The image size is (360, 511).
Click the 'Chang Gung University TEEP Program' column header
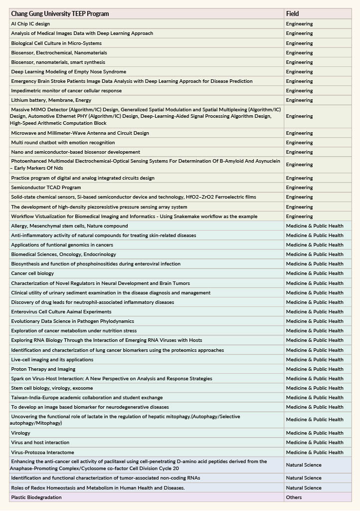60,13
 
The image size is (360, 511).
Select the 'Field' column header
293,13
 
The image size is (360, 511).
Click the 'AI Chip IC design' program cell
30,24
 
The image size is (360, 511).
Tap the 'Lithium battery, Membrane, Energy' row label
51,100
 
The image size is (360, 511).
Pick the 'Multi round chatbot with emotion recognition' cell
63,143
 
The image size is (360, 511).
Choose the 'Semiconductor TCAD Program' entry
46,188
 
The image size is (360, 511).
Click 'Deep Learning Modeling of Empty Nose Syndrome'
68,72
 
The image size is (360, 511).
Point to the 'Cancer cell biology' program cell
32,273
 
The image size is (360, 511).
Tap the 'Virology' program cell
20,433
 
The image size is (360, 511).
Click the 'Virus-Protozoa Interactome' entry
42,453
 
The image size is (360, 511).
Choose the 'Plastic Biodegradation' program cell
36,498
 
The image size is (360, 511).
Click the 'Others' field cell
294,498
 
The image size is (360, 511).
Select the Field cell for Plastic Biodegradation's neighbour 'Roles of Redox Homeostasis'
304,488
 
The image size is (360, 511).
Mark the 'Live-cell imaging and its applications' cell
52,360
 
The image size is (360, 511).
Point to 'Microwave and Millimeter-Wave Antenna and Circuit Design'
80,133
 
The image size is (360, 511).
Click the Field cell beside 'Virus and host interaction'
315,443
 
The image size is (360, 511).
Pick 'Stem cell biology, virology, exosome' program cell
52,388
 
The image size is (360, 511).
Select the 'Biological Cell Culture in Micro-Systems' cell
56,43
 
